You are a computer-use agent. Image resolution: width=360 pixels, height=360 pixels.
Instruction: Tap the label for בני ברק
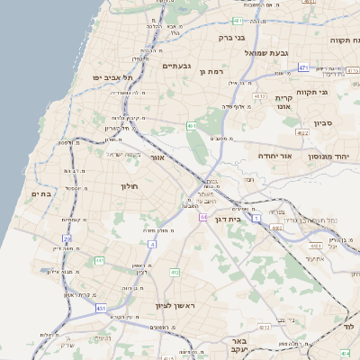coord(232,38)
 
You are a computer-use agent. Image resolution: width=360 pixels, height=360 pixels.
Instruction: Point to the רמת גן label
coord(209,71)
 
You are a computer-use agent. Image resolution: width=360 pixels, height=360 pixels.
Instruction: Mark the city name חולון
coord(128,185)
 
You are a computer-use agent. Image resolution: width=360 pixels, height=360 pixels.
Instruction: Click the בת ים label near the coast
coord(40,193)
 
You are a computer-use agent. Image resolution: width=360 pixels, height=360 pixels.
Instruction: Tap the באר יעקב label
coord(238,347)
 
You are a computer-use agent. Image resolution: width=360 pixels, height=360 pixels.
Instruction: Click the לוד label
coord(349,328)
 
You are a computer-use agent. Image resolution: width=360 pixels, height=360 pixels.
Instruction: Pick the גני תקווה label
coord(336,92)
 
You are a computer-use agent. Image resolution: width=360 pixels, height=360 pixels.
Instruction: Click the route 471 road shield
coord(303,67)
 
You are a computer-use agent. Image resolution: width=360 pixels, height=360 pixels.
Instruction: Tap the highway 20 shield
coord(67,238)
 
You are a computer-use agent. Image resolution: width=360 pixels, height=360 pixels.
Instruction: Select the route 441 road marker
coord(99,261)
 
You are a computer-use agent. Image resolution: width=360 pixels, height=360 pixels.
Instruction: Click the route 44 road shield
coord(203,217)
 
